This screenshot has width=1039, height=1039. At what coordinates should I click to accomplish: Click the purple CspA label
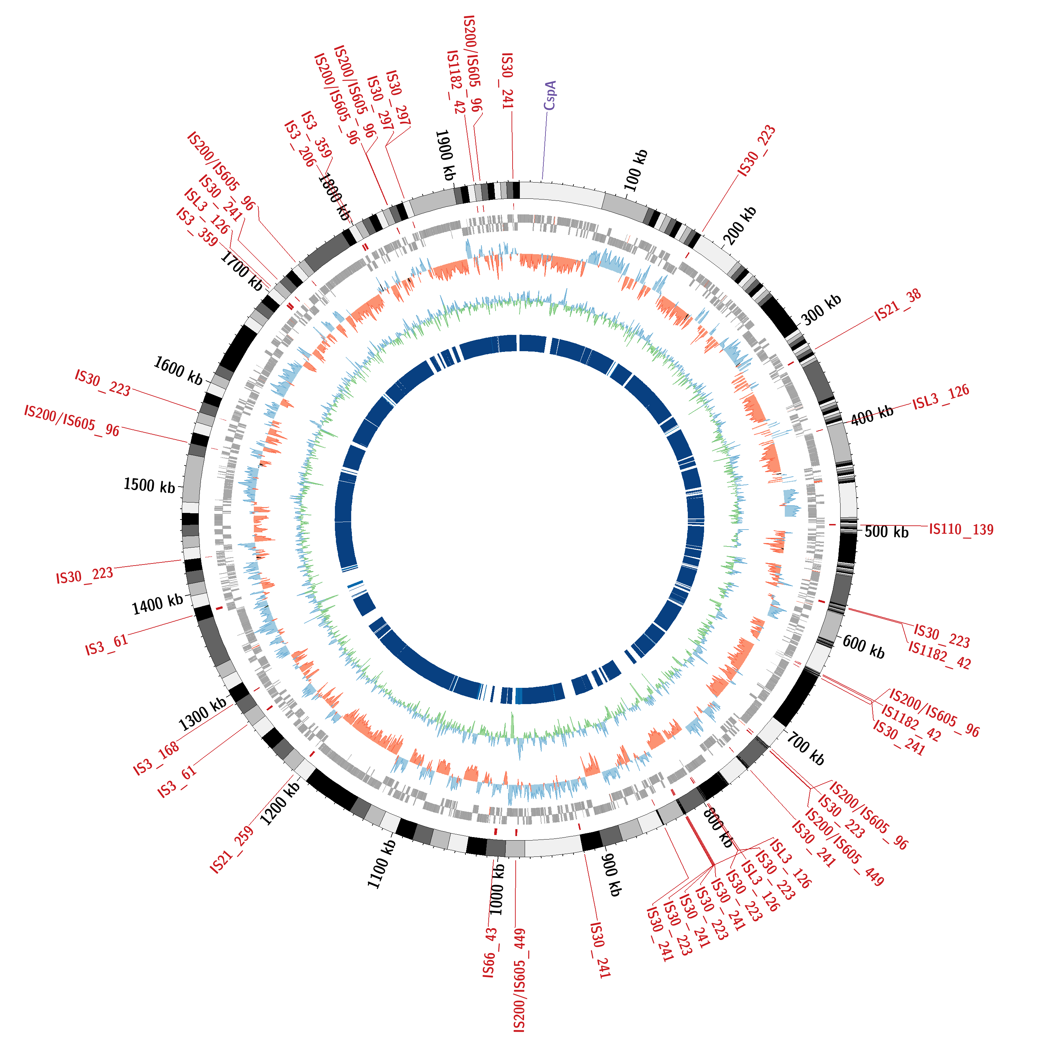click(x=550, y=96)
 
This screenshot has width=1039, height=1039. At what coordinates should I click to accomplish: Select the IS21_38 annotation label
click(x=898, y=305)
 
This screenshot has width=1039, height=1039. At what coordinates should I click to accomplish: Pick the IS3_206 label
click(x=300, y=144)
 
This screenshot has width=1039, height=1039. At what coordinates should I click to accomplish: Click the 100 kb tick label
click(x=636, y=170)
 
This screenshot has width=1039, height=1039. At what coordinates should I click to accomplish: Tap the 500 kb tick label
click(x=886, y=532)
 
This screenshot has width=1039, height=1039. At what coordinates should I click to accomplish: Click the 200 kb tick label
click(x=739, y=225)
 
